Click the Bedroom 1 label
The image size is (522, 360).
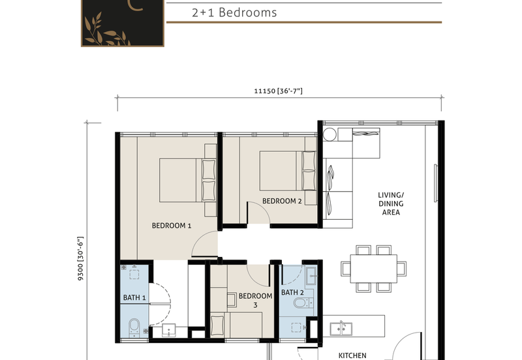click(172, 226)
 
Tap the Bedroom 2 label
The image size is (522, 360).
click(282, 201)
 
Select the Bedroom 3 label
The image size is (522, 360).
click(255, 300)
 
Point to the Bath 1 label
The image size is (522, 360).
click(134, 297)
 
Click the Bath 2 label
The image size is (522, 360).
click(292, 292)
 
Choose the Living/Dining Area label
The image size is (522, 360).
click(391, 203)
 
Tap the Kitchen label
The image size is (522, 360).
click(352, 355)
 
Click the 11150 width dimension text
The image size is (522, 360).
click(279, 91)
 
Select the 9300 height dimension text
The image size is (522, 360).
click(80, 258)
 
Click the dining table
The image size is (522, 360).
click(373, 269)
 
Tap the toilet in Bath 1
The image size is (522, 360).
click(134, 327)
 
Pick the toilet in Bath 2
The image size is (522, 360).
click(302, 303)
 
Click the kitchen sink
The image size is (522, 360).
click(341, 329)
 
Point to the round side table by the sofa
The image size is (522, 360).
click(330, 135)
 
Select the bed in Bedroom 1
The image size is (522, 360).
click(188, 181)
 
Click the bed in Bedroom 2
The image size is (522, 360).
click(288, 171)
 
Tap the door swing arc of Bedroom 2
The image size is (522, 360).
click(263, 209)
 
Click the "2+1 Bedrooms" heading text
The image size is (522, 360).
click(234, 12)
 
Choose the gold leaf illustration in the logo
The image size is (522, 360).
click(106, 30)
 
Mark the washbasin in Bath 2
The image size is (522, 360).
click(311, 276)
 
